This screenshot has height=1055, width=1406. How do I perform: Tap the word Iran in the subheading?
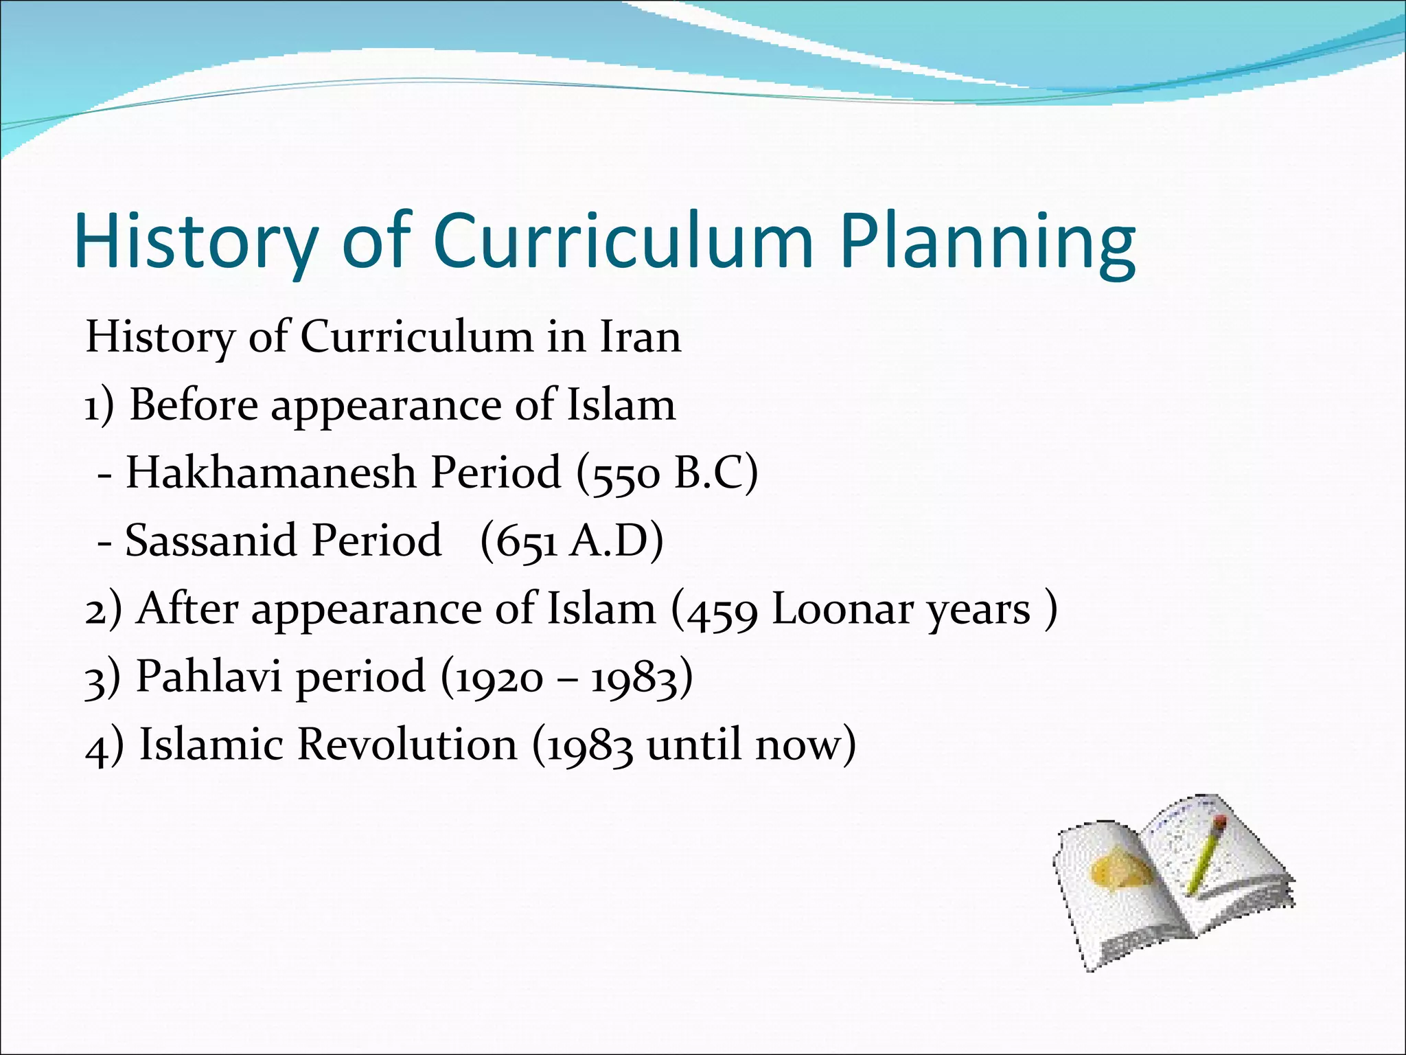point(641,337)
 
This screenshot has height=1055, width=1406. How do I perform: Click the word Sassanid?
point(214,541)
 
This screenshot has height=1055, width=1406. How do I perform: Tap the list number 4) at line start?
point(104,747)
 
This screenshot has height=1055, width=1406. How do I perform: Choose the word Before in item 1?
point(194,405)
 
